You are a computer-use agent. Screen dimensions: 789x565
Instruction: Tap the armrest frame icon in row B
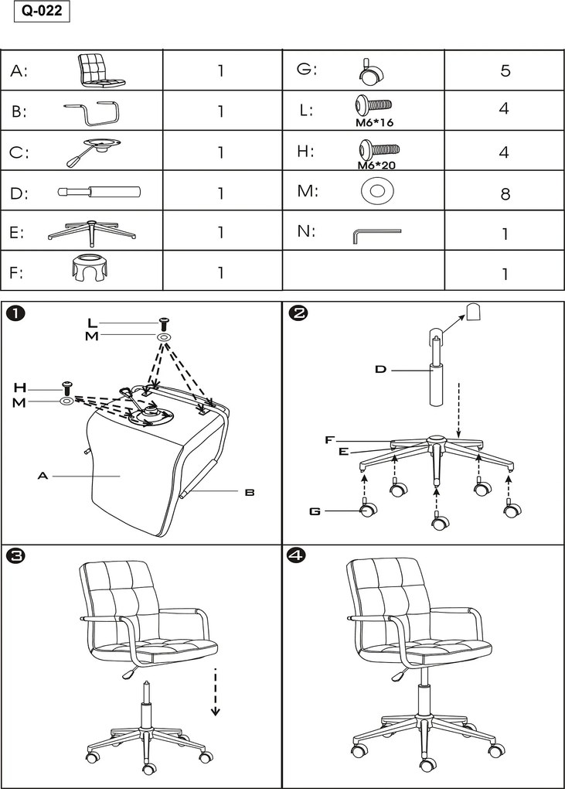91,111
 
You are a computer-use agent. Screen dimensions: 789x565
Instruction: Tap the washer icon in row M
376,190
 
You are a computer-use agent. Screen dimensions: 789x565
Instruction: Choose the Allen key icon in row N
376,234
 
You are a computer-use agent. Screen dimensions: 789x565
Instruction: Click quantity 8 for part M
505,193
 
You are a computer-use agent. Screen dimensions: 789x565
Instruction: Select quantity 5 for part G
505,70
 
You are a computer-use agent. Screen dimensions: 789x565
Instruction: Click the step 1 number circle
16,313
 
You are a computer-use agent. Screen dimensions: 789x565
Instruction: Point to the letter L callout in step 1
92,322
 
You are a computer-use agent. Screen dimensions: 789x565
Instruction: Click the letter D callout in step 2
380,370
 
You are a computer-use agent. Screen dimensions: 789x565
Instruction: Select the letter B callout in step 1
250,491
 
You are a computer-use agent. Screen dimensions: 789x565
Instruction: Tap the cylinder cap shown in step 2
475,311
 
